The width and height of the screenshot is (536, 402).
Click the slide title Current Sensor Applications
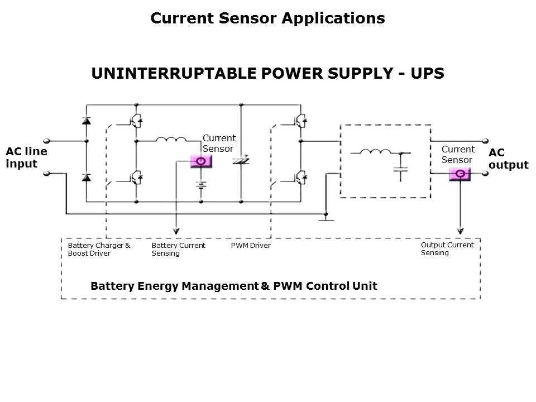tap(267, 18)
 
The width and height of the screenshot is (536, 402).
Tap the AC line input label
tap(26, 157)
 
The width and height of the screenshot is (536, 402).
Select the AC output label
tap(508, 159)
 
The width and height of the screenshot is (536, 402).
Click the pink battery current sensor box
tap(201, 162)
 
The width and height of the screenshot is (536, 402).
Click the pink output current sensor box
tap(460, 174)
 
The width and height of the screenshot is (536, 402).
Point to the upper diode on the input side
tap(86, 121)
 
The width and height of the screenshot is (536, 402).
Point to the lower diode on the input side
tap(86, 178)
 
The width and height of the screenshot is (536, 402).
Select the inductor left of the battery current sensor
tap(171, 140)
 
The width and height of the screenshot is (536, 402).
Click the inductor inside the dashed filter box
tap(375, 151)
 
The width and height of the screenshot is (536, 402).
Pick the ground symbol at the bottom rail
tap(326, 219)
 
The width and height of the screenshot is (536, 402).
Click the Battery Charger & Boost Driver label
tap(99, 250)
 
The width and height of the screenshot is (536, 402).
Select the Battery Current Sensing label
tap(179, 250)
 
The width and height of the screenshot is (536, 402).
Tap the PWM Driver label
tap(251, 246)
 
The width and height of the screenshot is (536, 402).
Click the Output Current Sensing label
tap(447, 249)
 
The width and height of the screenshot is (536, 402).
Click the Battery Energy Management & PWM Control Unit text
tap(234, 286)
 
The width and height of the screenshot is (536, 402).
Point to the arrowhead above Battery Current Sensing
tap(176, 231)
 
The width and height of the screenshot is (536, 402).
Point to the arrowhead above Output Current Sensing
tap(460, 231)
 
